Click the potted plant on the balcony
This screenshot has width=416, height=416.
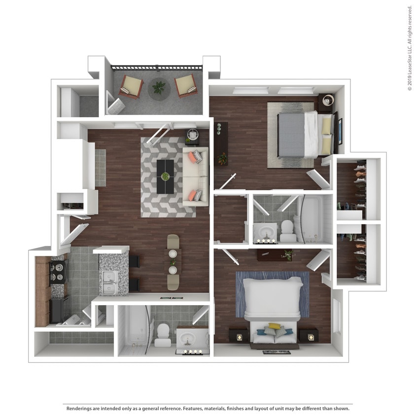point(159,88)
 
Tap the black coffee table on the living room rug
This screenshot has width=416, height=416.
point(165,176)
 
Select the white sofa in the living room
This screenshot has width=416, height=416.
point(196,176)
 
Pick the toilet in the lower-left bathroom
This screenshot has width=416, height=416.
point(163,335)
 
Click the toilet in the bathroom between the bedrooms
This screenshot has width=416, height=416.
point(287,230)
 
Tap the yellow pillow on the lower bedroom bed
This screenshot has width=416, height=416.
point(275,326)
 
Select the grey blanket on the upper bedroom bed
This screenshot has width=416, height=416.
point(291,135)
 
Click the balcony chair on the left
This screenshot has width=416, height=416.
point(131,86)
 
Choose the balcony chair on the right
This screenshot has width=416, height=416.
point(186,85)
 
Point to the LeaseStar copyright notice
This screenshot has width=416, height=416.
point(410,48)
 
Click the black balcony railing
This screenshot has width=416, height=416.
point(157,68)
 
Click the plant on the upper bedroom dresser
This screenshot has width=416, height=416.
point(222,158)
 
